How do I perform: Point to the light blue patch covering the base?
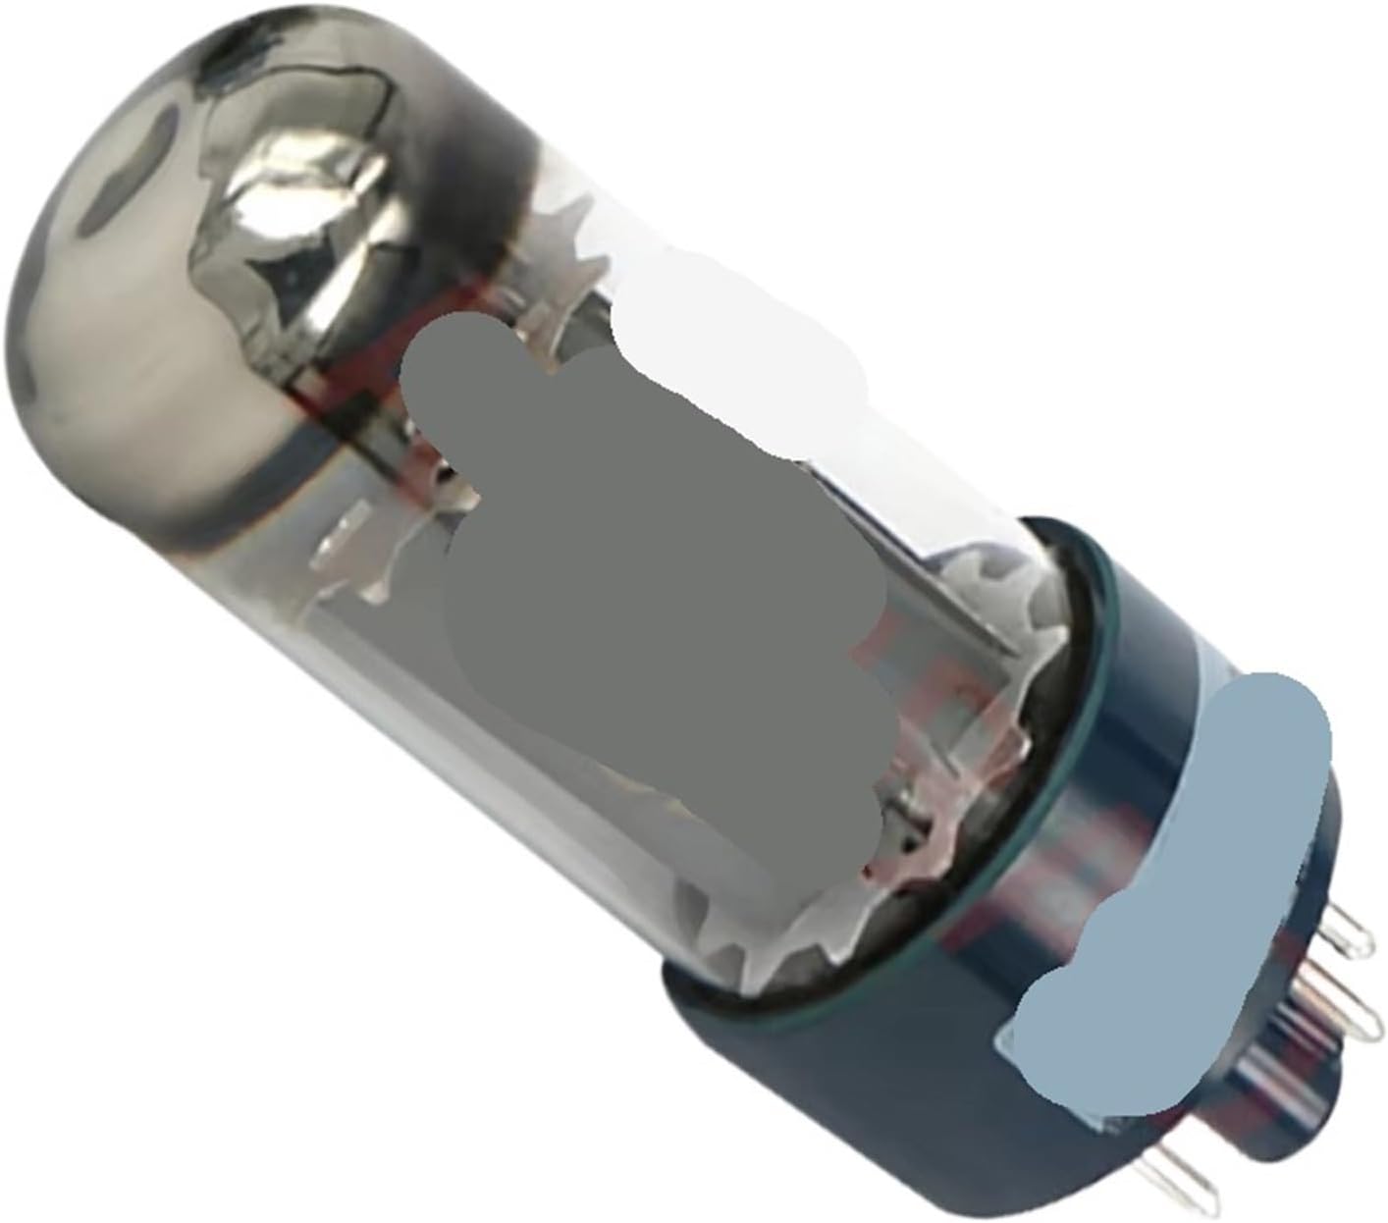(1178, 883)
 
